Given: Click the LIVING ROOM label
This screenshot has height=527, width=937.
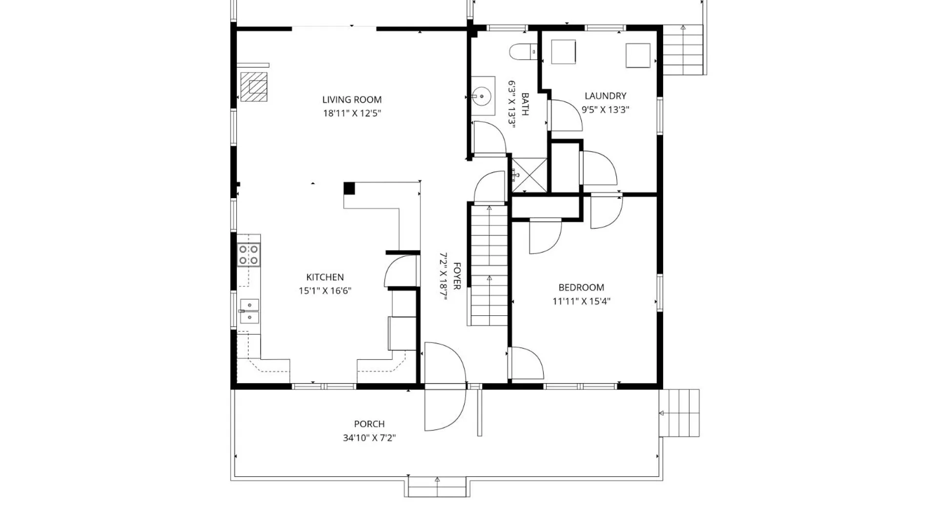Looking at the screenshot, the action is pos(352,100).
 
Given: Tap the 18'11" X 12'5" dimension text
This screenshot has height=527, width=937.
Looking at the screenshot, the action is pos(352,113).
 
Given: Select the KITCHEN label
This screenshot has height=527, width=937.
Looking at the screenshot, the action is pos(325,277).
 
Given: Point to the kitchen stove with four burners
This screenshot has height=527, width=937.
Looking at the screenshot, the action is pos(248,255).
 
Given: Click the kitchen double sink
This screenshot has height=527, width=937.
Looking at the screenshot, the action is pos(249,311).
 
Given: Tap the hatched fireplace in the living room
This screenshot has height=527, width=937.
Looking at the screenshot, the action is pos(254,87).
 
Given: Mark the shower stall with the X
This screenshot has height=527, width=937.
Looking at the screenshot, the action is pos(529,175).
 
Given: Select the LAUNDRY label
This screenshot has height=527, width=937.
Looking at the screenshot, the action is pos(606,96).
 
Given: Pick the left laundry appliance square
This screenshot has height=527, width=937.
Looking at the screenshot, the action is pos(564,52).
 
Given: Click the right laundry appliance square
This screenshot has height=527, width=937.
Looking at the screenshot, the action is pos(638,55).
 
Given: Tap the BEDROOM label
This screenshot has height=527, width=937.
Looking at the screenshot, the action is pos(581,287).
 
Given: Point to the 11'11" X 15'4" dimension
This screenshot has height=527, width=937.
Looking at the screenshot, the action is pos(581,301).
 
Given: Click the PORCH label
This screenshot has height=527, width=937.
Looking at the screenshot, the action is pos(369,424).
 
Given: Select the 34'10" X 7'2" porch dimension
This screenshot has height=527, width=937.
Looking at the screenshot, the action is pos(369,438).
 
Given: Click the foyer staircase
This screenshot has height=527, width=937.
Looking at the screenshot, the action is pos(489,265).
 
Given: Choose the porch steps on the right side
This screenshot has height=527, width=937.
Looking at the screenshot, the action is pos(679,413).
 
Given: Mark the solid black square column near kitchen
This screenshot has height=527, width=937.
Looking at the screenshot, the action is pos(349,188).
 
